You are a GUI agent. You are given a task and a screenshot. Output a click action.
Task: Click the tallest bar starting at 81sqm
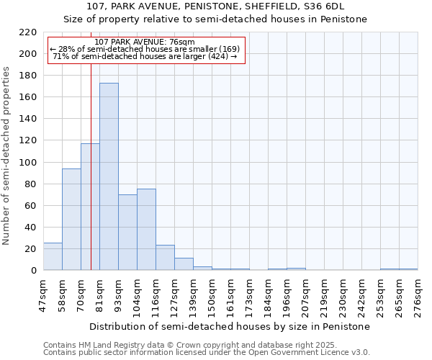(x=109, y=176)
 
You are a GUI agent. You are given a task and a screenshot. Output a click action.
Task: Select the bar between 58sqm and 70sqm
(x=71, y=219)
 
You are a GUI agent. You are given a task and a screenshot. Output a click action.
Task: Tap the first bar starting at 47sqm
(x=53, y=256)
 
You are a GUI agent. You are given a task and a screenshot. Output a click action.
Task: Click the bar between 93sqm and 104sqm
(x=127, y=232)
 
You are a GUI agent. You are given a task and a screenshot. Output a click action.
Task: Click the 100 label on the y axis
(x=28, y=163)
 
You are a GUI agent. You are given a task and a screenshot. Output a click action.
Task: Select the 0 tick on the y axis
(x=34, y=271)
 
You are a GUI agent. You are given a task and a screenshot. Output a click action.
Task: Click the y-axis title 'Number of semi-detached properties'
(x=7, y=156)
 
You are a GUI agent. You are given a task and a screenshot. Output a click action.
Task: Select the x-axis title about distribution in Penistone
(x=230, y=326)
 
